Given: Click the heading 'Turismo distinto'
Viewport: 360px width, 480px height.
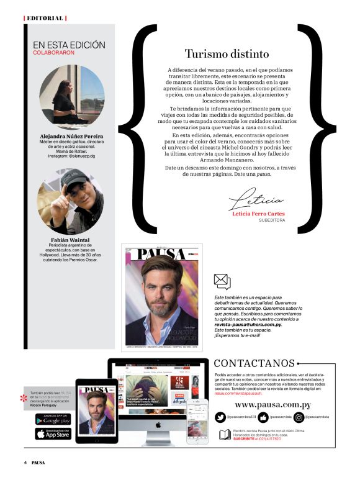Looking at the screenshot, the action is (227, 54).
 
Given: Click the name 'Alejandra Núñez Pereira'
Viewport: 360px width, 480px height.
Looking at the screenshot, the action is (72, 136).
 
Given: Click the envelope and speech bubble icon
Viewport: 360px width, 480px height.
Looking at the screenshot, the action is (222, 282).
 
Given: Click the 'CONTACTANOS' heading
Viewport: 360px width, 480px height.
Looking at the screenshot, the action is (254, 363).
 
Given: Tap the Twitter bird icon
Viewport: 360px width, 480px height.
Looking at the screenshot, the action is (220, 417).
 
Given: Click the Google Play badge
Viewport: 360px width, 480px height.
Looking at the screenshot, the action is (53, 419).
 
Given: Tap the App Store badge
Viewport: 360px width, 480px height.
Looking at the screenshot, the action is (53, 433).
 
